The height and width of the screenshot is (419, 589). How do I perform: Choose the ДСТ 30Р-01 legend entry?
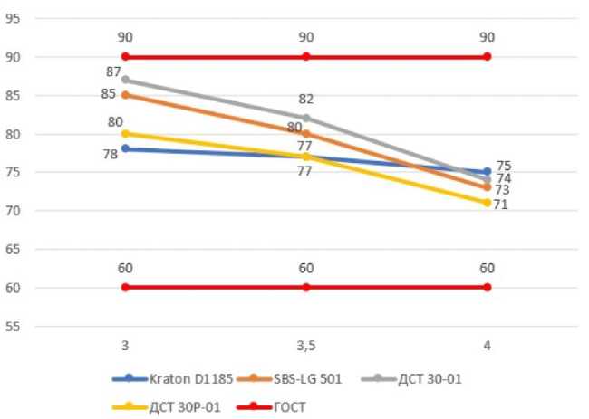167,406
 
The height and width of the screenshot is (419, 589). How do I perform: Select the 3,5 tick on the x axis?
306,345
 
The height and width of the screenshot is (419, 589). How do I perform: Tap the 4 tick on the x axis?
487,345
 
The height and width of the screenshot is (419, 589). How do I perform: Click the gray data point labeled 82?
306,118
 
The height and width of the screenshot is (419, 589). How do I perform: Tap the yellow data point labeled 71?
487,203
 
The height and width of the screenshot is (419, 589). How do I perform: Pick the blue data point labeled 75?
487,172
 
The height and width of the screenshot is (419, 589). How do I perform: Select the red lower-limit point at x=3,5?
306,287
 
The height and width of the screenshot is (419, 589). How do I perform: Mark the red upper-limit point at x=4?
487,56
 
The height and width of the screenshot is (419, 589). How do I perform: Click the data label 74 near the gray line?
505,178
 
